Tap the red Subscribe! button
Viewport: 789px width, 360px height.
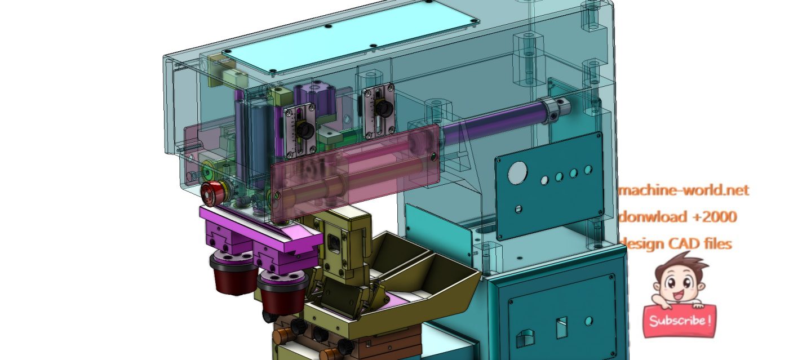pos(680,321)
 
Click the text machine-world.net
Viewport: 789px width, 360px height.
pos(684,190)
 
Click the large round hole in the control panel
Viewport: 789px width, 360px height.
pos(517,173)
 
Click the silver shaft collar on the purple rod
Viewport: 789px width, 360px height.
pos(554,110)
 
